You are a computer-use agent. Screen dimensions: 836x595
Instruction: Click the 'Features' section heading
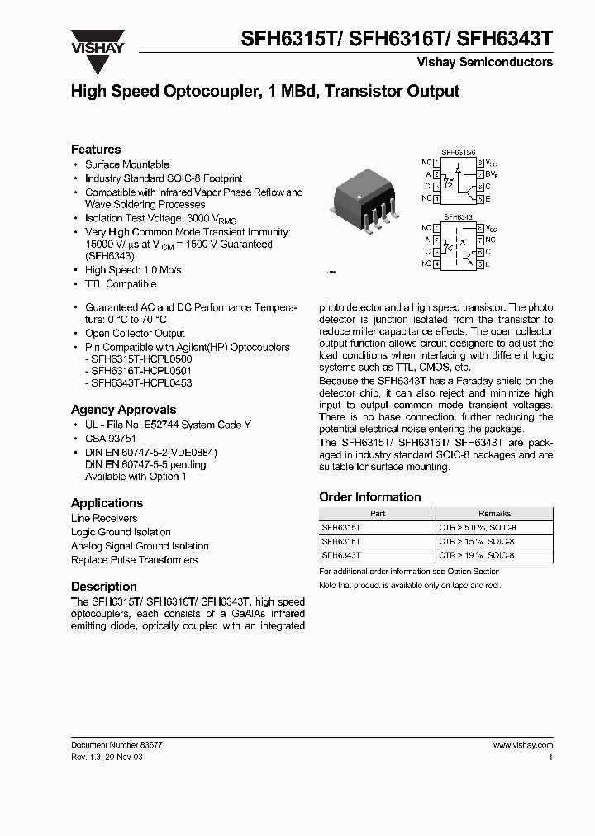pyautogui.click(x=96, y=150)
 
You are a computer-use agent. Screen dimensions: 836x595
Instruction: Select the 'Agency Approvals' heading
pyautogui.click(x=123, y=410)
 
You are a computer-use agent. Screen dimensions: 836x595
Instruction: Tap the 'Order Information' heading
pyautogui.click(x=369, y=497)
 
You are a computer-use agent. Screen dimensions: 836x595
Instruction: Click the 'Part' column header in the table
pyautogui.click(x=378, y=513)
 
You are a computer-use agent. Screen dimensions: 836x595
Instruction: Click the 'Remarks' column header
pyautogui.click(x=494, y=513)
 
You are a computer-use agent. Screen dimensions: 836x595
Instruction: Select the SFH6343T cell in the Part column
pyautogui.click(x=341, y=556)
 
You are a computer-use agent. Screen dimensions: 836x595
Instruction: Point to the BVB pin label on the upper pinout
pyautogui.click(x=490, y=174)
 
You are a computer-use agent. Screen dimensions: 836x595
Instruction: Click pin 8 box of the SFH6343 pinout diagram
pyautogui.click(x=479, y=226)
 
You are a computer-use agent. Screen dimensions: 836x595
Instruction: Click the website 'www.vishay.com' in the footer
pyautogui.click(x=522, y=744)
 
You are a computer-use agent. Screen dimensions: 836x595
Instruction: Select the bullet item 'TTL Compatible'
pyautogui.click(x=121, y=283)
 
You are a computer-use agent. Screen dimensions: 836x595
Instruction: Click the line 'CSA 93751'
pyautogui.click(x=111, y=439)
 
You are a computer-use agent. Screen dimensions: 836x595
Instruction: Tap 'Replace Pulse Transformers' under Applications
pyautogui.click(x=134, y=560)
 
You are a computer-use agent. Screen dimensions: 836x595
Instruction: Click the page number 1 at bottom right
pyautogui.click(x=550, y=757)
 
